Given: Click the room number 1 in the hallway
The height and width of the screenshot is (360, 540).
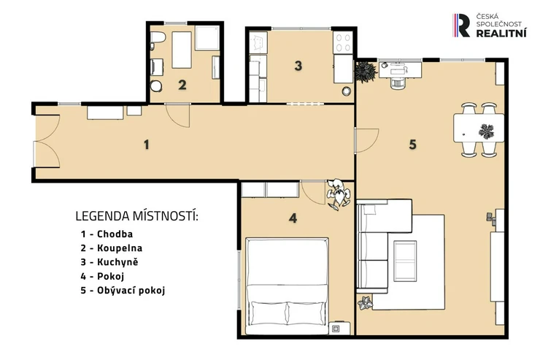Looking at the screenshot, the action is pyautogui.click(x=147, y=145).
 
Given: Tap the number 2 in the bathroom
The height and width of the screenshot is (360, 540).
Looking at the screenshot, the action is pyautogui.click(x=182, y=85).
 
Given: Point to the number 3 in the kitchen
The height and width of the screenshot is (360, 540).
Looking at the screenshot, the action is pyautogui.click(x=298, y=66).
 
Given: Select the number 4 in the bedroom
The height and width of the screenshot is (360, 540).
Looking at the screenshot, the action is pyautogui.click(x=293, y=218).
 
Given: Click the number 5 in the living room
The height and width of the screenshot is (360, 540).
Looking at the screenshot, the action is pyautogui.click(x=412, y=145).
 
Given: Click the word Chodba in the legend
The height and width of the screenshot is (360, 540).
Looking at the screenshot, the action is pyautogui.click(x=115, y=234).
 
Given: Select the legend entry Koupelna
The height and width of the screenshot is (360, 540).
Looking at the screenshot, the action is pyautogui.click(x=120, y=248).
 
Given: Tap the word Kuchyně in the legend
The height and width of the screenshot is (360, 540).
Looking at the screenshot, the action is pyautogui.click(x=117, y=262).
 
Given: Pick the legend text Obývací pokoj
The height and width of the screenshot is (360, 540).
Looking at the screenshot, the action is pyautogui.click(x=131, y=291).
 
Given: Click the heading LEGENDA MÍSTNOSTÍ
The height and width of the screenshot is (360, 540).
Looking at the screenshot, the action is pyautogui.click(x=136, y=216).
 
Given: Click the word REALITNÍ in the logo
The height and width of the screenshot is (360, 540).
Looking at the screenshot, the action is pyautogui.click(x=501, y=33).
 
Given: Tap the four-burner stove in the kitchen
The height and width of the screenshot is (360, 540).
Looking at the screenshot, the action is pyautogui.click(x=343, y=42).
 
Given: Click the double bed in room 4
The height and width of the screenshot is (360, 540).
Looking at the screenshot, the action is pyautogui.click(x=287, y=286).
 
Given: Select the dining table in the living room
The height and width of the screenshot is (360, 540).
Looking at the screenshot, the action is pyautogui.click(x=479, y=128).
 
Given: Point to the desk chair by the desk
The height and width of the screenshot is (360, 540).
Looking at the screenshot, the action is pyautogui.click(x=397, y=83).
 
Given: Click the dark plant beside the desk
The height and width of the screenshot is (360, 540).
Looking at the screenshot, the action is pyautogui.click(x=366, y=72).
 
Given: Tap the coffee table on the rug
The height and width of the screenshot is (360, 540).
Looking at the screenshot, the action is pyautogui.click(x=405, y=261).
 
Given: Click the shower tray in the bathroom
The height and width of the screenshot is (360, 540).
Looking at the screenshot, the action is pyautogui.click(x=207, y=37).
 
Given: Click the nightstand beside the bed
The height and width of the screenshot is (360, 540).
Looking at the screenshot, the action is pyautogui.click(x=339, y=329).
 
